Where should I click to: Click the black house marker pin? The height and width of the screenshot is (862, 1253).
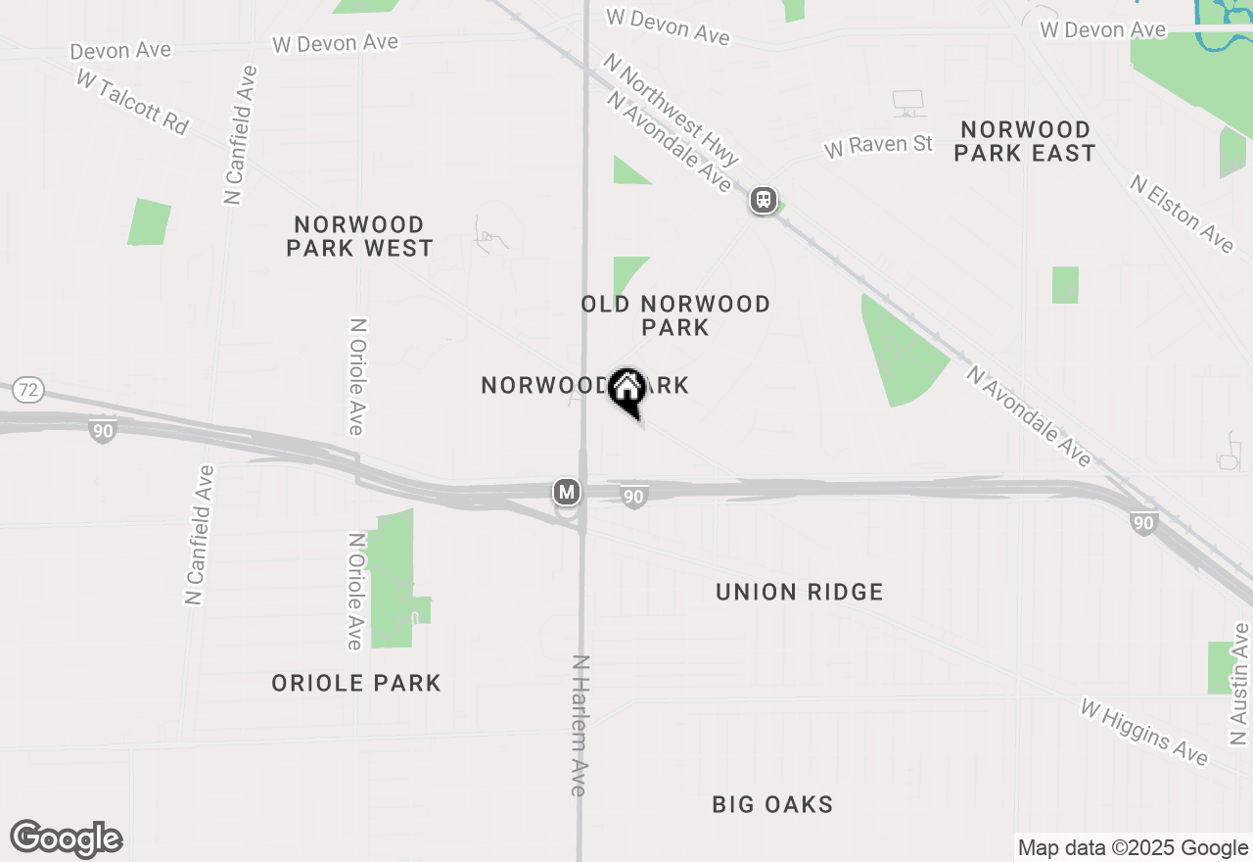click(x=626, y=390)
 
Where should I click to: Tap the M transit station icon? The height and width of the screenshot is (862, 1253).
click(x=566, y=492)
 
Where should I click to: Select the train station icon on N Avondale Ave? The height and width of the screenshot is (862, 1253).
click(x=764, y=201)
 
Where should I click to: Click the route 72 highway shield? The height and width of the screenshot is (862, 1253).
click(x=29, y=391)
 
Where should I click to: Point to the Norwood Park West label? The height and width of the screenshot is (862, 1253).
click(x=359, y=237)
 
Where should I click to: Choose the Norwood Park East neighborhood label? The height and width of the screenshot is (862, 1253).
click(x=1025, y=142)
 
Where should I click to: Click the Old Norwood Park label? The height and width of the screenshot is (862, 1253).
click(x=675, y=315)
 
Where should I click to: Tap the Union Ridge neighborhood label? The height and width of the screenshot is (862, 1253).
click(x=799, y=593)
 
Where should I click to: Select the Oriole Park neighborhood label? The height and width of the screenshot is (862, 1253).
click(x=356, y=684)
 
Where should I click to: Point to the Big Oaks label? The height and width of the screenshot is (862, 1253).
click(x=772, y=805)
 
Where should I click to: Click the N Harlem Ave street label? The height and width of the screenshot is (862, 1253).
click(x=580, y=725)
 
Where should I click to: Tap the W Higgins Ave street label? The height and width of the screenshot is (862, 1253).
click(x=1144, y=731)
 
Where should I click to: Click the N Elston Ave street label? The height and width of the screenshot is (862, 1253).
click(x=1182, y=213)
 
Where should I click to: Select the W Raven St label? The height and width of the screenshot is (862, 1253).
click(x=878, y=146)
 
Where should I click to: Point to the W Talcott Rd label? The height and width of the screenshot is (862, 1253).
click(x=131, y=103)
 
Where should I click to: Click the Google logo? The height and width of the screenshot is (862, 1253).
click(x=67, y=838)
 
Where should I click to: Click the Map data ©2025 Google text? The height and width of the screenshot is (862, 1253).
click(x=1133, y=848)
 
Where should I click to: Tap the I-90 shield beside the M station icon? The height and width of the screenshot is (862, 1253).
click(x=634, y=498)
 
